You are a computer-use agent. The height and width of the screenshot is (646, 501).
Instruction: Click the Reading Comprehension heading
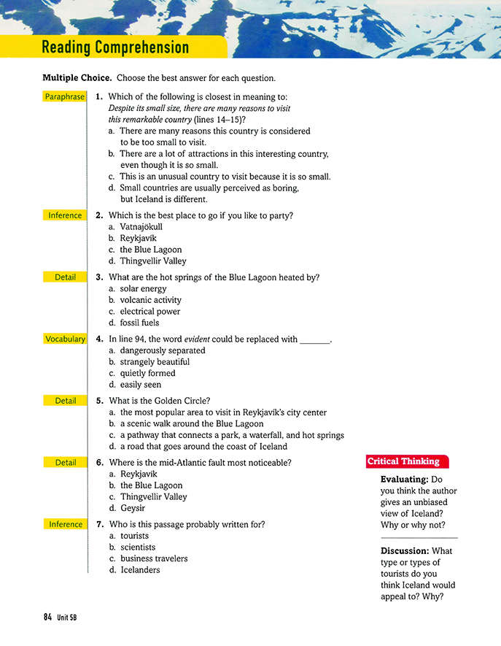(115, 48)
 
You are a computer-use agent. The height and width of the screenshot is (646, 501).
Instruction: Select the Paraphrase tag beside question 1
(65, 97)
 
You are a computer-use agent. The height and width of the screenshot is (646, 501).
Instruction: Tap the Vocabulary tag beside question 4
(65, 339)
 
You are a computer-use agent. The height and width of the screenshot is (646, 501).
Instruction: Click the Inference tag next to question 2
(65, 215)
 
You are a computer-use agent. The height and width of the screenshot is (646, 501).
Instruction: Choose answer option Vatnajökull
(141, 227)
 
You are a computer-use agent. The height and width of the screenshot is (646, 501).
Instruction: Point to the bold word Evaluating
(404, 480)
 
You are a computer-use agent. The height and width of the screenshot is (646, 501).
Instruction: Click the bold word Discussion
(405, 551)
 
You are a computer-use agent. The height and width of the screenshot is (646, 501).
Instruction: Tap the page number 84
(47, 617)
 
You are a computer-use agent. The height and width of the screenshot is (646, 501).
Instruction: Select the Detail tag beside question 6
(65, 462)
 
